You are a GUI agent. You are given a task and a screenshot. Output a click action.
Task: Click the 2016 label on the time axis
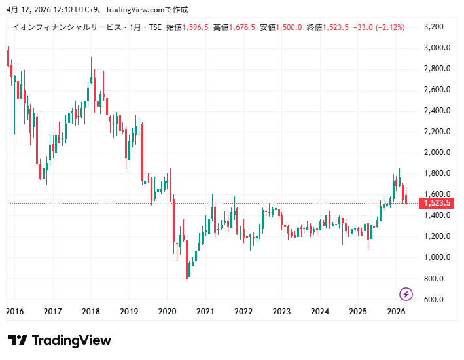coord(15,312)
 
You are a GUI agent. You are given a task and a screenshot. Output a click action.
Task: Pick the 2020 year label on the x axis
coord(168,312)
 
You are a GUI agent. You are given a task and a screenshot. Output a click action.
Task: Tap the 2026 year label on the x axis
coord(395,312)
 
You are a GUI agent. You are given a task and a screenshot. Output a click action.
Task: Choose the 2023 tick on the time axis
coord(281,312)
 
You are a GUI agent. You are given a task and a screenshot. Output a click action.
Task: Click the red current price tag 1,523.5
coord(437,203)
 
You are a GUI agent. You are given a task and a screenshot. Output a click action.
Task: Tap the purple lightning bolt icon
coord(406,294)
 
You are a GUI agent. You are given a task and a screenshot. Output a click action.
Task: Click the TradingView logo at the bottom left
coord(60,340)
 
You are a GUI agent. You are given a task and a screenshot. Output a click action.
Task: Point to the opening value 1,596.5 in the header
coord(195,27)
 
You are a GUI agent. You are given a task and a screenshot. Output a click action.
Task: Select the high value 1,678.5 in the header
coord(241,27)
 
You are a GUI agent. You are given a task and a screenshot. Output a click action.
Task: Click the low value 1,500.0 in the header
coord(289,27)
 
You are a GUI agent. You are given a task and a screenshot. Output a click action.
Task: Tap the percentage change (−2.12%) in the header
coord(390,27)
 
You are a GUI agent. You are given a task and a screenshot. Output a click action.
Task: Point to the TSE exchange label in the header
coord(154,27)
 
